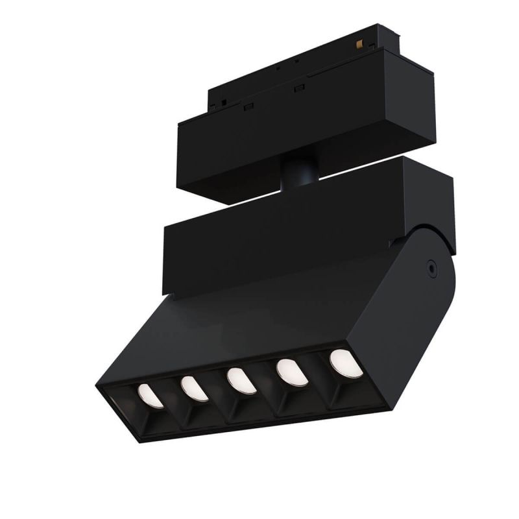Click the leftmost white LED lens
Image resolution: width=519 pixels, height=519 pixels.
pyautogui.click(x=151, y=396)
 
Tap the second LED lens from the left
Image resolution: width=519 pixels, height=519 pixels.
pyautogui.click(x=194, y=389)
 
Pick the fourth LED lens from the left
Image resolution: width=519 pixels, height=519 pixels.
pyautogui.click(x=292, y=373)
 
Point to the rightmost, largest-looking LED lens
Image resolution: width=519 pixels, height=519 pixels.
pyautogui.click(x=346, y=363)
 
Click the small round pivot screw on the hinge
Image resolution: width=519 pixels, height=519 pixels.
pyautogui.click(x=429, y=266)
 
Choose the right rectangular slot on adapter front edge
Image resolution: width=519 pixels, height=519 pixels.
pyautogui.click(x=300, y=87)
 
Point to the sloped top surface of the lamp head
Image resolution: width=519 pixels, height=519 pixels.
pyautogui.click(x=259, y=318)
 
